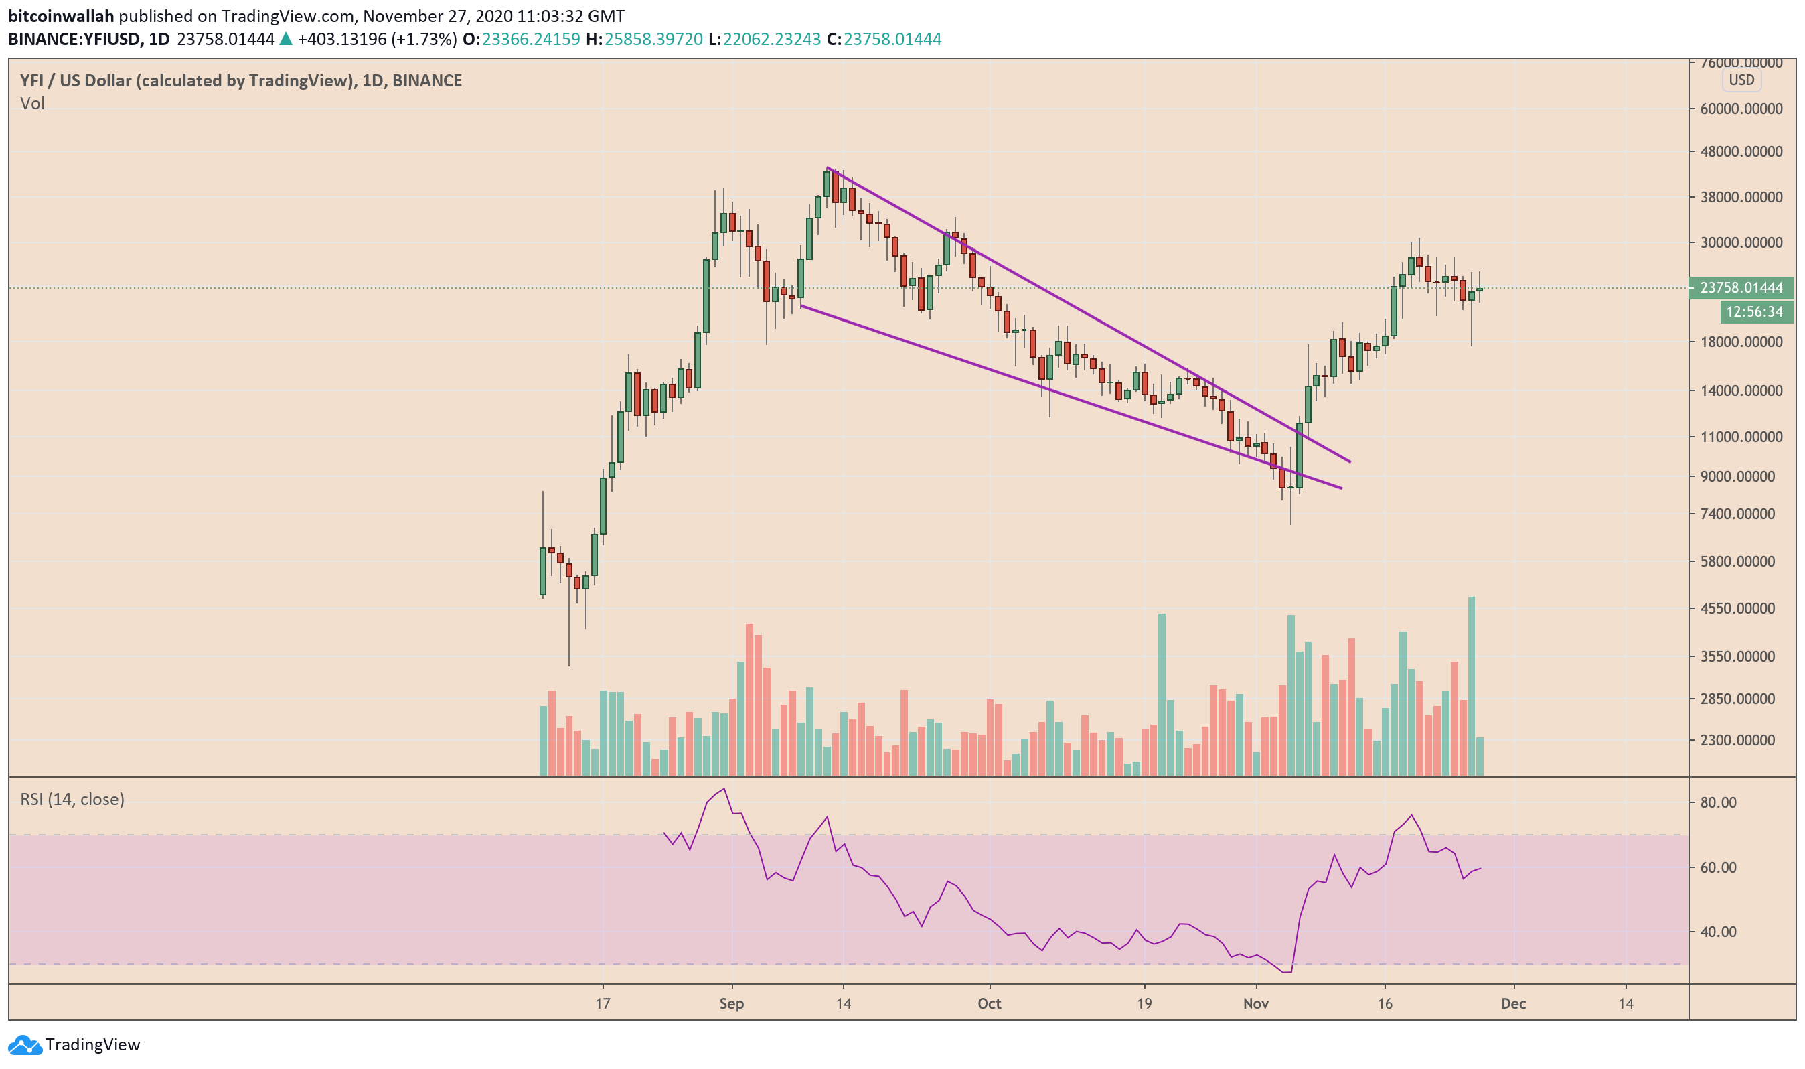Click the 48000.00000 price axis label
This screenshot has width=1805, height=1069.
pos(1740,152)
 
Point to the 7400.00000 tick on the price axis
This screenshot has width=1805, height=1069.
pos(1740,514)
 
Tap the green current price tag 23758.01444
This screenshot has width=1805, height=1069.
pos(1740,288)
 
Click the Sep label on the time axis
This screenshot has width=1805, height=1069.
pos(732,1003)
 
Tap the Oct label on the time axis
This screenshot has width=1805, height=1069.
pos(990,1003)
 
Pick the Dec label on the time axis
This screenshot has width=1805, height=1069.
pos(1513,1003)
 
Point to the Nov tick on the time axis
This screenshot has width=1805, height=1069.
pos(1255,1003)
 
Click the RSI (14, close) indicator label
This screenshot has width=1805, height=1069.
pos(72,800)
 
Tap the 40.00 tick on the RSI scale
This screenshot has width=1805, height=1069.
pos(1718,932)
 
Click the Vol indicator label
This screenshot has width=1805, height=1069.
pos(32,104)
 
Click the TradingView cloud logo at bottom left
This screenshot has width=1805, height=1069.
pos(25,1044)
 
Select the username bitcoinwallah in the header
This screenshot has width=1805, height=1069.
pos(61,16)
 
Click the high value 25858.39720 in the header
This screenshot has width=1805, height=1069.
pos(653,39)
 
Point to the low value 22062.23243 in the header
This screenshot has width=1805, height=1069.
pos(772,39)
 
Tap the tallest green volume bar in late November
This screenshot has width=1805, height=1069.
pos(1471,685)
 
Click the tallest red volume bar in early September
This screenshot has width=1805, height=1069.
pos(749,699)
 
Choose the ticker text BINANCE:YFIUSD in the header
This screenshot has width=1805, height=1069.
pos(74,39)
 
